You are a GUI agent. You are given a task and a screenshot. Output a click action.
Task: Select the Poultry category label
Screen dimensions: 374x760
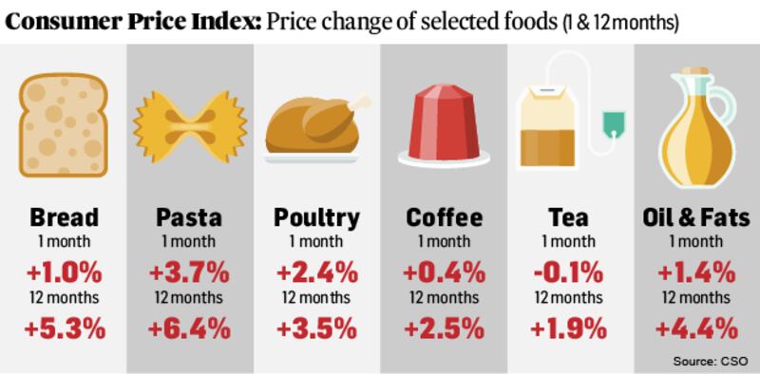click(316, 217)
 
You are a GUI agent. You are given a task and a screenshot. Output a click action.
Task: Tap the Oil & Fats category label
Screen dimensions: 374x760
click(696, 217)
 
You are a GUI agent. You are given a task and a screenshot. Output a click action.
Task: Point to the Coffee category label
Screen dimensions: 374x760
click(443, 217)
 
